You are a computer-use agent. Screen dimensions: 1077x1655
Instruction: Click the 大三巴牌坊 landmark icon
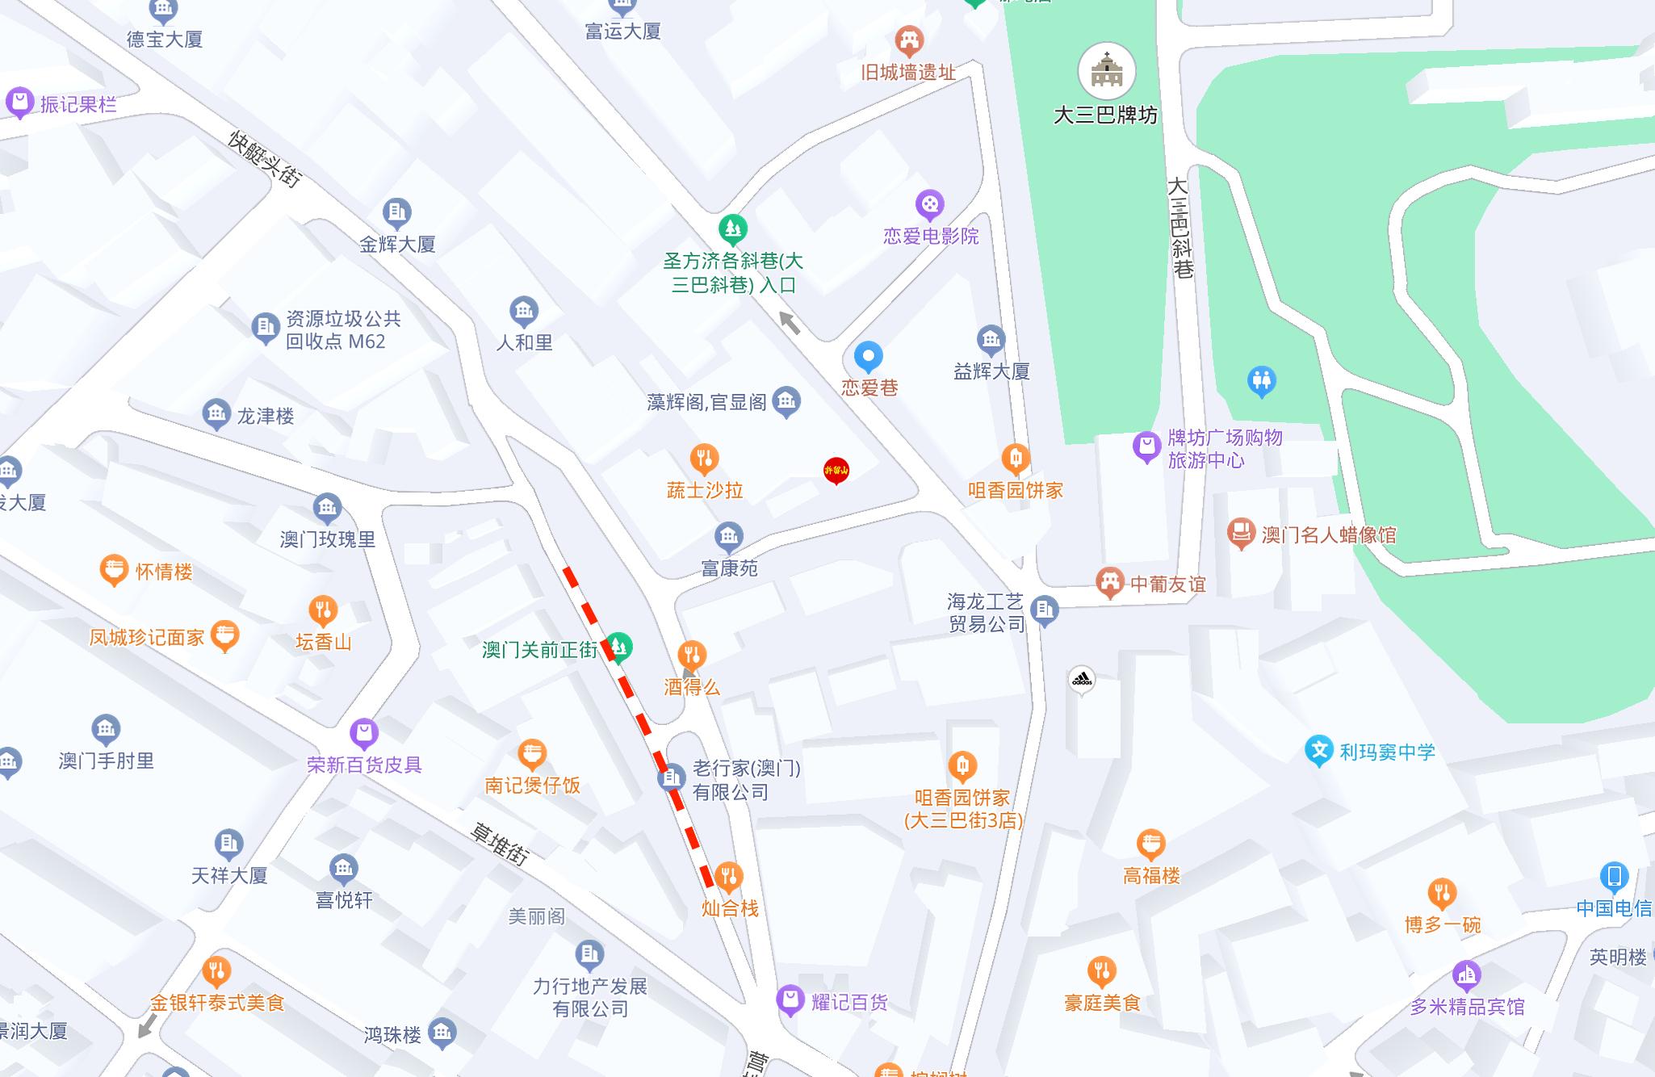[x=1107, y=72]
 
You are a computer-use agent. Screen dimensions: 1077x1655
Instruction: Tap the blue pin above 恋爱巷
[x=869, y=357]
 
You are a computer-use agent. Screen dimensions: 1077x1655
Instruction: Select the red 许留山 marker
[x=836, y=470]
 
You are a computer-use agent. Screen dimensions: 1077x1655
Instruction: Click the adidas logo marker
[x=1081, y=680]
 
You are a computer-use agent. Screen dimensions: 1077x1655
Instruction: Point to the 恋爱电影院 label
[x=931, y=236]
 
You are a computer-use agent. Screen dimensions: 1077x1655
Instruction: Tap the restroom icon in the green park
[x=1261, y=380]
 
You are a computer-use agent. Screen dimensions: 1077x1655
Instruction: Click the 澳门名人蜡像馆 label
[x=1328, y=534]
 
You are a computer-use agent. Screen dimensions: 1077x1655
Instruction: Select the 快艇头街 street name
[x=264, y=159]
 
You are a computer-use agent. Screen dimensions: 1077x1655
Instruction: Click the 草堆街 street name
[x=500, y=842]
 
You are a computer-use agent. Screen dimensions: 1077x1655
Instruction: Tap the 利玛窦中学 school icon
[x=1318, y=751]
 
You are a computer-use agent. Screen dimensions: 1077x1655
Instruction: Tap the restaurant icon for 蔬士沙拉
[x=704, y=459]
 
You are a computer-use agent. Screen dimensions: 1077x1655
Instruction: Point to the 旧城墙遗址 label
[x=908, y=73]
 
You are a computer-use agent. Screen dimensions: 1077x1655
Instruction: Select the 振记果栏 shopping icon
[x=19, y=103]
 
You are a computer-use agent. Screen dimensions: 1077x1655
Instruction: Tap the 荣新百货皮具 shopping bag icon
[x=364, y=733]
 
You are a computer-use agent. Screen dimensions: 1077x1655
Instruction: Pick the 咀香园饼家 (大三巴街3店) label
[x=962, y=809]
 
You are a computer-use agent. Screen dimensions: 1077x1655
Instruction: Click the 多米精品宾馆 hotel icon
[x=1466, y=976]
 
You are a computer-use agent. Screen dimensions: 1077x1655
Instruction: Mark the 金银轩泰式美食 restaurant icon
[x=216, y=971]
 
